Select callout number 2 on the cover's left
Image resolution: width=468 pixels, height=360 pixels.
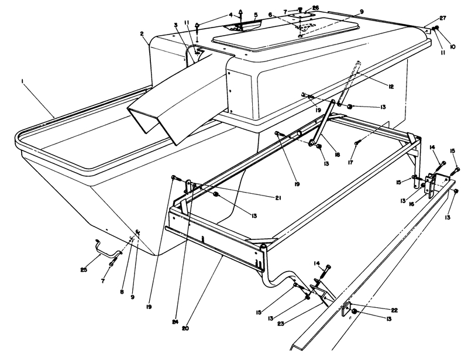(142, 34)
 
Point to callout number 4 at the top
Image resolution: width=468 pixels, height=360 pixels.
(230, 14)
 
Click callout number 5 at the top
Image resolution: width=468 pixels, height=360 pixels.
(256, 14)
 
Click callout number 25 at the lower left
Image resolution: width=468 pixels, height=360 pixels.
(84, 270)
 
